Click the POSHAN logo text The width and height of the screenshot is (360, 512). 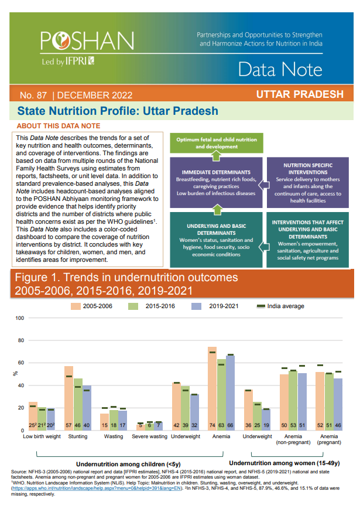tap(87, 40)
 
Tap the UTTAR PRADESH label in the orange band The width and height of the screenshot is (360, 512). tap(299, 94)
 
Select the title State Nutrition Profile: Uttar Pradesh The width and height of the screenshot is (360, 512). tap(118, 111)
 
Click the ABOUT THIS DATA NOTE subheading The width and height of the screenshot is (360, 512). tap(59, 126)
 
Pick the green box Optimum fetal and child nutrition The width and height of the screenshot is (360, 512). tap(217, 142)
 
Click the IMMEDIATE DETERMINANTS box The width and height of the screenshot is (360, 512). tap(216, 182)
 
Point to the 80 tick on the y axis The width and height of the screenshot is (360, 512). tap(22, 340)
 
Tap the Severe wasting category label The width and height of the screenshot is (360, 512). tap(149, 436)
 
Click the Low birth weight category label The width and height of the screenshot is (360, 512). tap(42, 436)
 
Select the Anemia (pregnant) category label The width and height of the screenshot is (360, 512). tap(328, 439)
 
